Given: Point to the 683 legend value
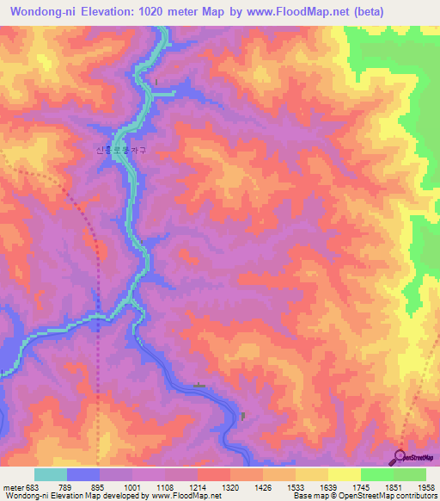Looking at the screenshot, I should click(33, 487).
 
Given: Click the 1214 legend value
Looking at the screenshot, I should click(197, 487).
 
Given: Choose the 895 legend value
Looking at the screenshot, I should click(99, 487).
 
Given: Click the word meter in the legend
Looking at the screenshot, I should click(11, 487).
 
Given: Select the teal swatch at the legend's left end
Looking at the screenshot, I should click(50, 474).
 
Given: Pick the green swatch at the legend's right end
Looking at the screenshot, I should click(409, 474).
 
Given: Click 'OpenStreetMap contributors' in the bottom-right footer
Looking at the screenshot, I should click(391, 496).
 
